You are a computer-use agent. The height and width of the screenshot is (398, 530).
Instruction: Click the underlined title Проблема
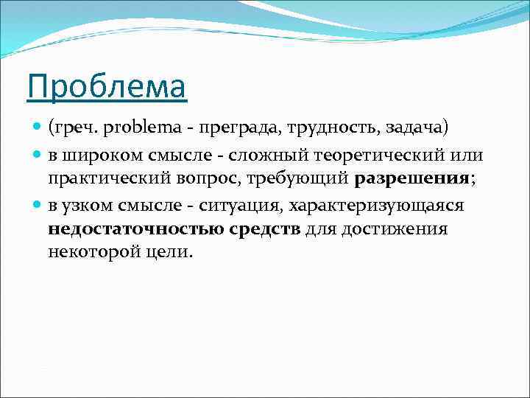pyautogui.click(x=107, y=88)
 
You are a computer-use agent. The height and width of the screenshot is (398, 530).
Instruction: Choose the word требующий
pyautogui.click(x=303, y=178)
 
